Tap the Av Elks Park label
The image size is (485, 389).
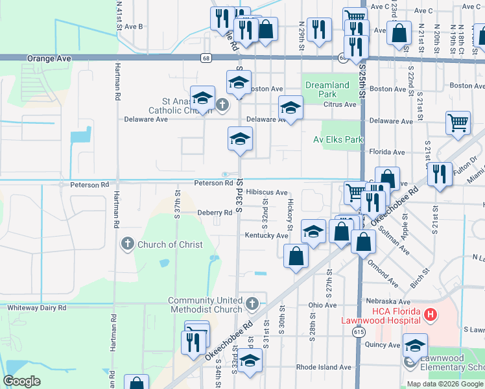coord(338,139)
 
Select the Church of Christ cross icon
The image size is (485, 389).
coord(127,244)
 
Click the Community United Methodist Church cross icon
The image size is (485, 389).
coord(253,303)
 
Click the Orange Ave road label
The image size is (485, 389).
coord(49,58)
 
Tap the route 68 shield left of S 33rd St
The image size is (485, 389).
coord(205,58)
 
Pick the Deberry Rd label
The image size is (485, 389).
coord(215,213)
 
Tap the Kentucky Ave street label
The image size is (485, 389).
coord(266,236)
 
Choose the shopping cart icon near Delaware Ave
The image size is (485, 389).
coord(458,123)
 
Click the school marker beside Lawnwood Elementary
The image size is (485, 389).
coord(415,345)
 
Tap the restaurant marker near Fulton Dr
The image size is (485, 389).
coord(440,174)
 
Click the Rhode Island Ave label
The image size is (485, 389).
coord(324,367)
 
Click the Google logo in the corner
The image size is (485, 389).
coord(22,381)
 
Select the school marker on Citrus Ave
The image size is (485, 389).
coord(291,107)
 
